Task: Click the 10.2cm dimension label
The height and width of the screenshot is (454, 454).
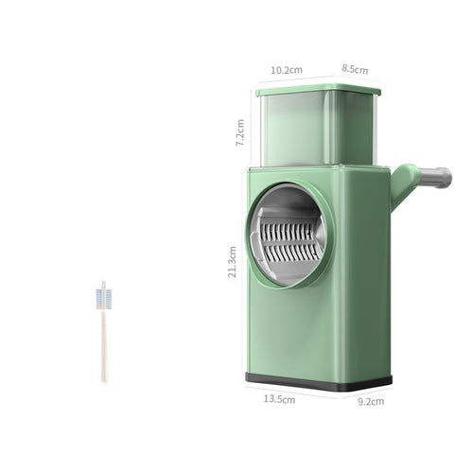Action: pyautogui.click(x=286, y=69)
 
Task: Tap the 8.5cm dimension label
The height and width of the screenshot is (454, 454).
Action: pyautogui.click(x=355, y=69)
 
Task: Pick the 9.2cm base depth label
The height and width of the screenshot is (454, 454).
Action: pyautogui.click(x=371, y=401)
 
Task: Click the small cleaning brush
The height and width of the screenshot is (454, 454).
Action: pyautogui.click(x=103, y=331)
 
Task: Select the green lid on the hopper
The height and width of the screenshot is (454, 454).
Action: pyautogui.click(x=317, y=91)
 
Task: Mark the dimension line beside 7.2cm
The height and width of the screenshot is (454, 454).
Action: pyautogui.click(x=253, y=129)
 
